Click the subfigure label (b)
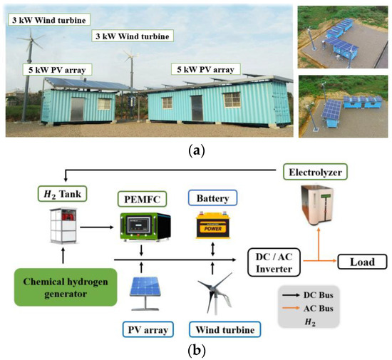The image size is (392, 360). coord(196,351)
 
